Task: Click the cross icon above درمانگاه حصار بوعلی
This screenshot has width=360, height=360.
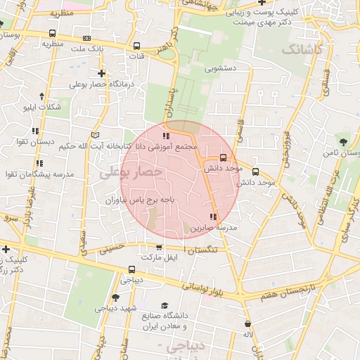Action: [102, 73]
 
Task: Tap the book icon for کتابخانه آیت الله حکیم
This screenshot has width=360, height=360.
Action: [96, 135]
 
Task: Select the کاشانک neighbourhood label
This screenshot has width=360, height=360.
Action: [302, 50]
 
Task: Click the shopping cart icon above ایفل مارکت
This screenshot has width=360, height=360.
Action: [158, 247]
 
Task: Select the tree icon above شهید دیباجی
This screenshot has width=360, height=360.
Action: [115, 297]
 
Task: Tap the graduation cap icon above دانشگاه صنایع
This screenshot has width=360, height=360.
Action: [164, 305]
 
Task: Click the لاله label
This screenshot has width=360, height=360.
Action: [247, 335]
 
